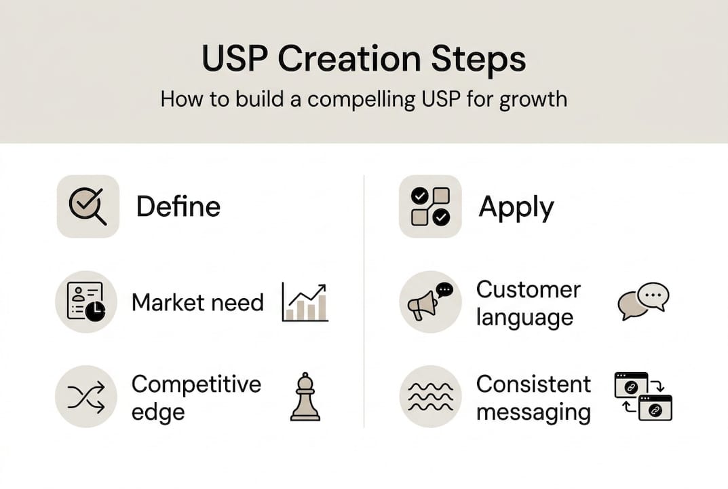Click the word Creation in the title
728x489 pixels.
click(x=349, y=58)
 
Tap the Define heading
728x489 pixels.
click(x=178, y=206)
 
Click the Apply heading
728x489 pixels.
click(x=516, y=208)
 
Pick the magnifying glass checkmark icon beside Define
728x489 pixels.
click(x=88, y=206)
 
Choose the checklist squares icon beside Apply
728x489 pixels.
click(x=430, y=206)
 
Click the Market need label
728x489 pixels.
click(x=198, y=303)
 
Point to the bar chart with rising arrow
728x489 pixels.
click(x=305, y=302)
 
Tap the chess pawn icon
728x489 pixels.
click(x=305, y=397)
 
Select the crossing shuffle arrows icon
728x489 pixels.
click(x=86, y=397)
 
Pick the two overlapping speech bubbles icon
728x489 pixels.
click(x=643, y=301)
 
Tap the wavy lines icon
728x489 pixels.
click(x=430, y=397)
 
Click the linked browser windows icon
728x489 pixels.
click(x=643, y=397)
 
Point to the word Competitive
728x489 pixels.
click(x=196, y=385)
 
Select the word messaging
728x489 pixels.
click(x=533, y=412)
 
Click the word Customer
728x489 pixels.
click(x=529, y=289)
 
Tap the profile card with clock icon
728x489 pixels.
click(x=86, y=302)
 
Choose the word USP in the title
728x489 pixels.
click(x=235, y=58)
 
